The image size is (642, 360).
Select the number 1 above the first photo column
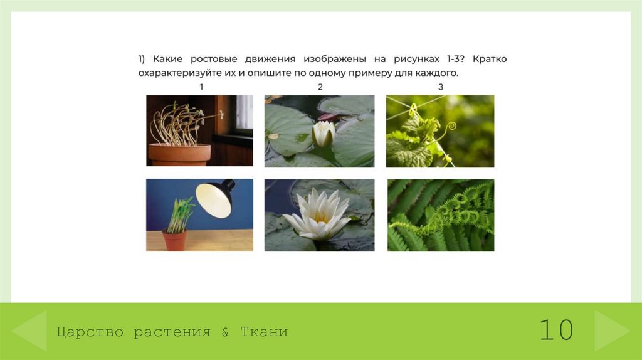coord(201,87)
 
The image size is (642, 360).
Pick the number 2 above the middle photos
coord(320,87)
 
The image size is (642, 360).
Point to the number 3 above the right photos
coord(440,87)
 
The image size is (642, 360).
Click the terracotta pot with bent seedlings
coord(179,154)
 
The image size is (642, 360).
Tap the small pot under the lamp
coord(174,240)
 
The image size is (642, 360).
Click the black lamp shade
coord(214,197)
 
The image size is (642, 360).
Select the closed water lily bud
coord(324,134)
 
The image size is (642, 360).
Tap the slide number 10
coord(556,330)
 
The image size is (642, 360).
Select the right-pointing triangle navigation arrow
coord(611,330)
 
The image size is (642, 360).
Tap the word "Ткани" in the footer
coord(264,332)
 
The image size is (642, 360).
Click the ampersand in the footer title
coord(225,332)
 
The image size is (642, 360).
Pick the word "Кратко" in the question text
coord(490,59)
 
